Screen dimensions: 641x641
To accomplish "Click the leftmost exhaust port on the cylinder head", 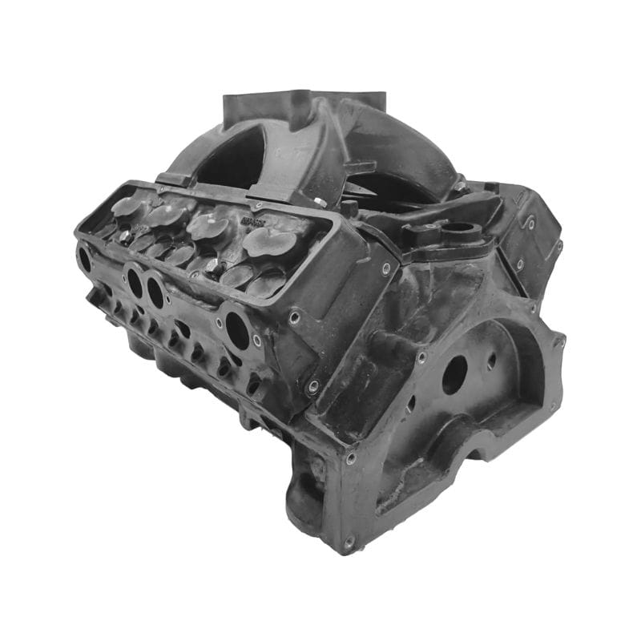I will pyautogui.click(x=84, y=257).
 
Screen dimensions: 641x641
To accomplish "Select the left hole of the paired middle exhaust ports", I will pyautogui.click(x=135, y=281).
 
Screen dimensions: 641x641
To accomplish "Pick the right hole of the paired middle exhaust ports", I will pyautogui.click(x=155, y=292).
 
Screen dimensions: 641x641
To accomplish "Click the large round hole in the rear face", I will pyautogui.click(x=454, y=374).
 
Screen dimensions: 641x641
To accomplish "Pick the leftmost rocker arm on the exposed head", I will pyautogui.click(x=128, y=206).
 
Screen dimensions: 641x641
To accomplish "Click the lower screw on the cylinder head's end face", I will pyautogui.click(x=313, y=385).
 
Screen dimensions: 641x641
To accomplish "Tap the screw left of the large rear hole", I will pyautogui.click(x=421, y=357).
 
